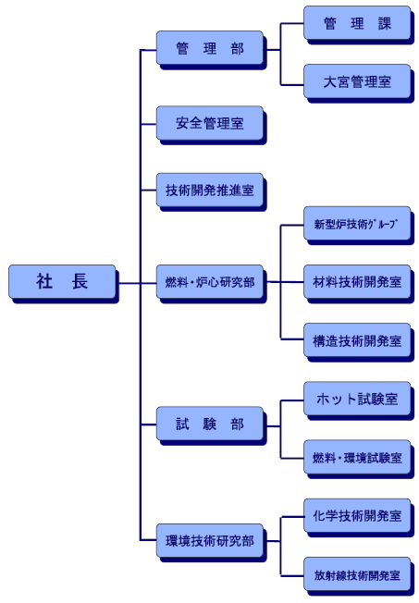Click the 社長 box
(x=62, y=281)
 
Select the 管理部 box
(x=210, y=48)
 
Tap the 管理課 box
(x=357, y=23)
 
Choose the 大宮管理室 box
(x=357, y=81)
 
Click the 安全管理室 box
(x=210, y=123)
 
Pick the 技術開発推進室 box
(x=210, y=190)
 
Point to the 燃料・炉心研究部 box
(x=210, y=281)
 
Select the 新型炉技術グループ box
(x=357, y=223)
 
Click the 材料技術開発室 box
(x=357, y=281)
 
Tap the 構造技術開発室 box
(x=357, y=340)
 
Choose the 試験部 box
(x=210, y=424)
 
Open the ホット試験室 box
(x=357, y=399)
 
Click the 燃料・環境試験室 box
(x=357, y=457)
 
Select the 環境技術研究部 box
(x=210, y=540)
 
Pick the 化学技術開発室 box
(x=357, y=515)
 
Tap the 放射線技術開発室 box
(x=357, y=573)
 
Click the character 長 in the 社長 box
(x=80, y=281)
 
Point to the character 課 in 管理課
(x=385, y=23)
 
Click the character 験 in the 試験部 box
(x=210, y=424)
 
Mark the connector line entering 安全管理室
(x=149, y=124)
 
